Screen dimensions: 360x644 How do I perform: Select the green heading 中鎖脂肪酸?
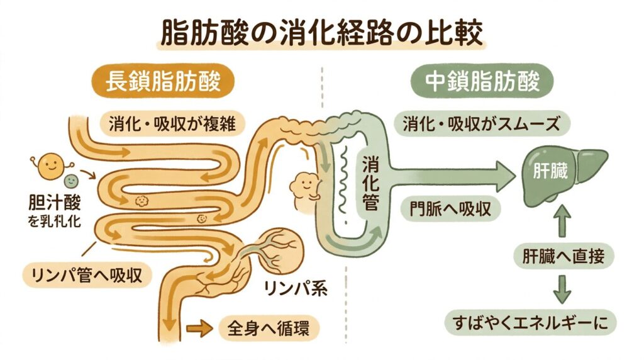point(481,82)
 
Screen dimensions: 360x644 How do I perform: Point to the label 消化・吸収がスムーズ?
point(481,124)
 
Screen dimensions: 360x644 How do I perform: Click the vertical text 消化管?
point(369,183)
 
